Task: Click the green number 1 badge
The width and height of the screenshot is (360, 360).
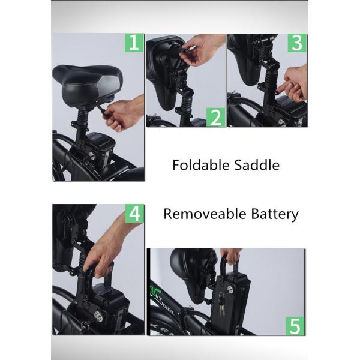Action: [x=134, y=43]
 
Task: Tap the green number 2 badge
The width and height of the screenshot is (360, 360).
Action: [x=216, y=117]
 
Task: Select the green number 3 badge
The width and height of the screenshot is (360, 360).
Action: [x=297, y=43]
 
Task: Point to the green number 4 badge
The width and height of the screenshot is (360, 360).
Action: [x=134, y=213]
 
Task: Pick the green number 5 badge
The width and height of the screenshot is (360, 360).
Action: [x=295, y=326]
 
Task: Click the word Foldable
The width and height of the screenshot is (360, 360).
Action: [x=201, y=165]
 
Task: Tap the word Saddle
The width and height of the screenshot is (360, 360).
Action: [x=257, y=165]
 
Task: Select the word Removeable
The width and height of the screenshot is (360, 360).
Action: [x=205, y=214]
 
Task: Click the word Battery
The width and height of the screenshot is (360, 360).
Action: [x=275, y=215]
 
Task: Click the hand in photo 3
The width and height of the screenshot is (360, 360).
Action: [x=295, y=85]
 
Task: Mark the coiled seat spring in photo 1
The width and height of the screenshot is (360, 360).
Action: [x=82, y=117]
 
